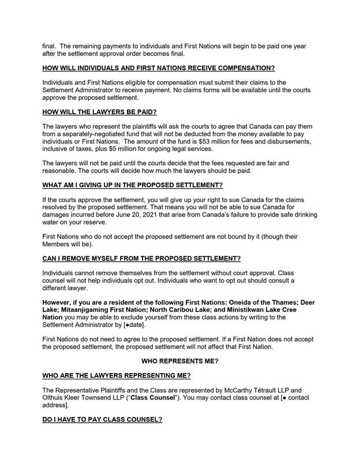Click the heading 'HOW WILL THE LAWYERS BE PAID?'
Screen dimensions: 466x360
99,111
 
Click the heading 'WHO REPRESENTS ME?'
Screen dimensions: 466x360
179,361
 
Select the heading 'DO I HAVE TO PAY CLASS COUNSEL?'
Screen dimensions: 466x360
102,420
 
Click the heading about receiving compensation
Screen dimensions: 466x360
159,68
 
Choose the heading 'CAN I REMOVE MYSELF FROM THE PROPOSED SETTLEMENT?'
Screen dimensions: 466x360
141,258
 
